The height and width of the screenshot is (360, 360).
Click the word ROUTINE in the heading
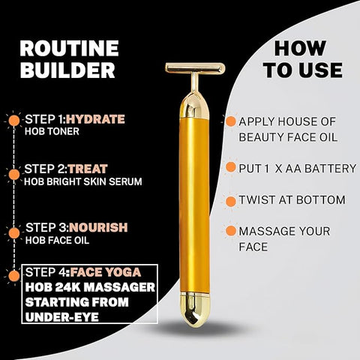click(69, 49)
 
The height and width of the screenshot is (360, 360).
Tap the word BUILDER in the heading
click(67, 70)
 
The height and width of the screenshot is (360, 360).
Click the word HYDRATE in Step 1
click(95, 119)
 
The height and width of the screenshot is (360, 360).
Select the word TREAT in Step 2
click(88, 169)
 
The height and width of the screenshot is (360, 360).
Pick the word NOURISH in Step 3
click(98, 227)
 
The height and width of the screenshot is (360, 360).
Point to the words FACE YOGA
click(106, 272)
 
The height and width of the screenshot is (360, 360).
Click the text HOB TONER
click(52, 131)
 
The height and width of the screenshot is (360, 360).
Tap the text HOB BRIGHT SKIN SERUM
click(83, 181)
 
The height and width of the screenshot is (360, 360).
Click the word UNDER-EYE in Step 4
click(62, 317)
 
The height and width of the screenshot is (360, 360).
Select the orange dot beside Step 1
click(14, 121)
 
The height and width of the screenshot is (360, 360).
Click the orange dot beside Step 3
click(14, 233)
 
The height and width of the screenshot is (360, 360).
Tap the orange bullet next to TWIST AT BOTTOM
click(230, 202)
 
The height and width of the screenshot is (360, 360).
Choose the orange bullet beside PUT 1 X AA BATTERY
click(230, 167)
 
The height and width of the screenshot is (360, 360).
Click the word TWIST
click(256, 200)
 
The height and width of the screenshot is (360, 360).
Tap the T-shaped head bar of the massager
click(195, 68)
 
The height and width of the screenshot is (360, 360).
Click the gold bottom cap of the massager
click(195, 309)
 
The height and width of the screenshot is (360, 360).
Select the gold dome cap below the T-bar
click(194, 105)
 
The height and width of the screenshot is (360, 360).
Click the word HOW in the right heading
click(300, 49)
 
